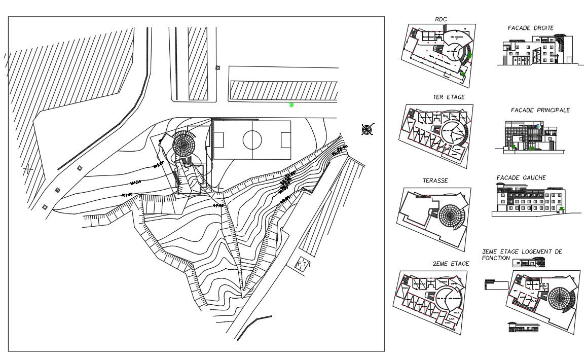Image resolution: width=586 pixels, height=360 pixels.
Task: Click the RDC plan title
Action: pyautogui.click(x=441, y=19)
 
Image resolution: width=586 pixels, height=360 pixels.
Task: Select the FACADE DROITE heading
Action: pyautogui.click(x=530, y=28)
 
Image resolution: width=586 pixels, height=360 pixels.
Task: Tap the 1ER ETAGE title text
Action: pyautogui.click(x=449, y=97)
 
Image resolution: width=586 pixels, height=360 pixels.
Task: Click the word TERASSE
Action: pyautogui.click(x=435, y=180)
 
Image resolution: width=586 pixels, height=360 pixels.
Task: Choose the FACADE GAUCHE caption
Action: pyautogui.click(x=521, y=177)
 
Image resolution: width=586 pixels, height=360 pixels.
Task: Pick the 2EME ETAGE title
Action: pyautogui.click(x=451, y=264)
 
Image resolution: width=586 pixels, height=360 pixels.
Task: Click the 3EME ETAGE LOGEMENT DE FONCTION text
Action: pyautogui.click(x=522, y=255)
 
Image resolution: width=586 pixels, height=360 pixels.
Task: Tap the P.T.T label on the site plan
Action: pyautogui.click(x=304, y=265)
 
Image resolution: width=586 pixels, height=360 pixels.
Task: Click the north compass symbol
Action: pyautogui.click(x=367, y=130)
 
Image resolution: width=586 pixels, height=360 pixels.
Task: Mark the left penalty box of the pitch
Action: pyautogui.click(x=218, y=139)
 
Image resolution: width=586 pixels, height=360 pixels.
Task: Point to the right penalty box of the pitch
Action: pyautogui.click(x=285, y=139)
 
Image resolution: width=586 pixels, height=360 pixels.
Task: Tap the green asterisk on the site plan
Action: pyautogui.click(x=291, y=105)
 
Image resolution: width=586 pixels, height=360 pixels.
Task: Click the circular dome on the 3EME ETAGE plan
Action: pyautogui.click(x=559, y=298)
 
